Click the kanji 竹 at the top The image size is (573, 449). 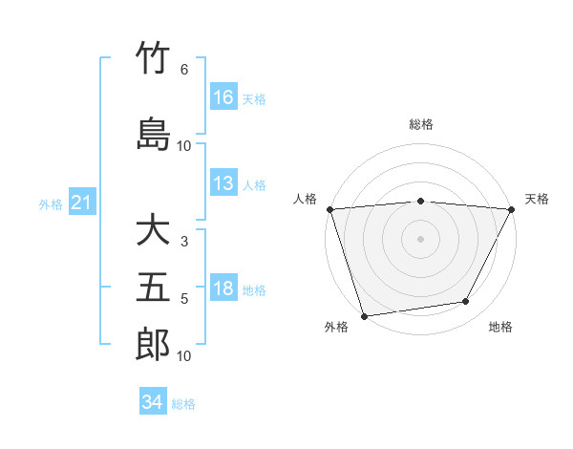tap(153, 58)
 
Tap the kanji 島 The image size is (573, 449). tap(153, 133)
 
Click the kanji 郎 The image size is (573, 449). tap(153, 345)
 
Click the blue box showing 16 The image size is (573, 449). tap(223, 97)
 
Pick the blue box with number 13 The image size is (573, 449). tap(223, 183)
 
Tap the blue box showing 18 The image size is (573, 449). tap(223, 289)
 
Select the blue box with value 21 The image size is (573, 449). tap(82, 203)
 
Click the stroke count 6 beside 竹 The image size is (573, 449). tap(184, 70)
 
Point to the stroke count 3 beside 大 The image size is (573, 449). tap(184, 242)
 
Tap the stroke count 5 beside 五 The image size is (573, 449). tap(184, 299)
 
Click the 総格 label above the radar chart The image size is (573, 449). tap(421, 125)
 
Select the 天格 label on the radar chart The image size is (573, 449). tap(538, 199)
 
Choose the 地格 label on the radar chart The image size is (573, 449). tap(500, 327)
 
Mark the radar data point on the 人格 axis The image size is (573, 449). tap(329, 208)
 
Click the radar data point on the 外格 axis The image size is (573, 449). tap(364, 314)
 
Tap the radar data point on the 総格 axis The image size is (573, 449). tap(421, 201)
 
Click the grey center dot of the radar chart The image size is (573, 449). tap(421, 238)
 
